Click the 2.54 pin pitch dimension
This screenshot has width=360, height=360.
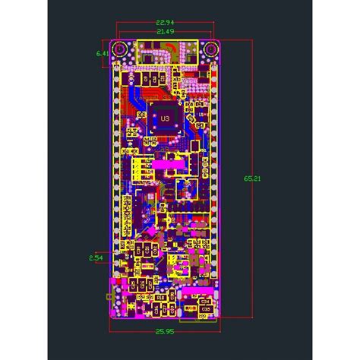(x=96, y=258)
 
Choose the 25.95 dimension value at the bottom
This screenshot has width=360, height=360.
(x=165, y=332)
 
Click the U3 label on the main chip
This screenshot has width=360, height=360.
(x=165, y=118)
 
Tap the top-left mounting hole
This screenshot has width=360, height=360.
(x=119, y=49)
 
